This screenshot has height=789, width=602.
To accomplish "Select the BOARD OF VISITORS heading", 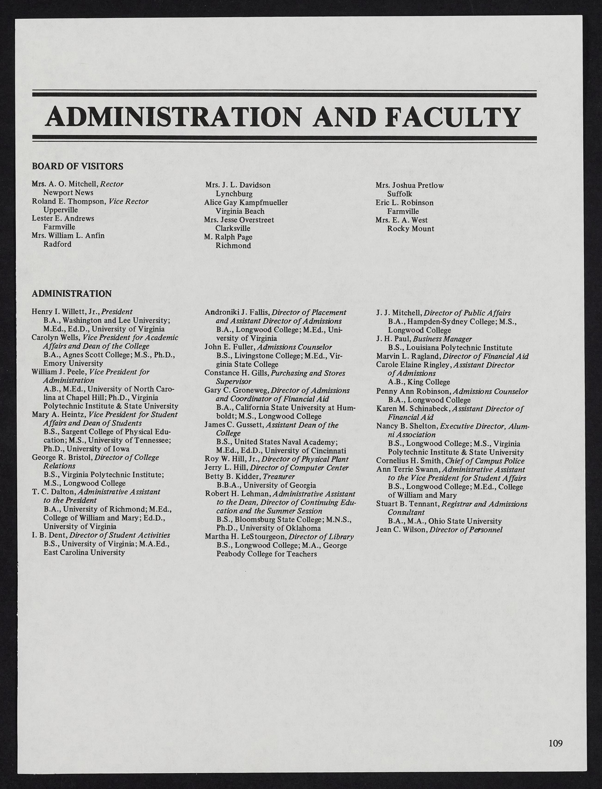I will click(x=77, y=166).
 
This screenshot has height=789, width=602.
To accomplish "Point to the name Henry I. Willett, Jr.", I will click(x=66, y=312).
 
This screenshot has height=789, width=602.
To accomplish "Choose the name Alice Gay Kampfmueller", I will click(x=246, y=203).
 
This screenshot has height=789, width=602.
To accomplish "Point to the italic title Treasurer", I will click(x=279, y=477).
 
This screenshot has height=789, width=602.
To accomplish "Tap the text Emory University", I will click(x=73, y=363).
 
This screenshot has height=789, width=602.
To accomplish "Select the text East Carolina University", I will click(x=84, y=552).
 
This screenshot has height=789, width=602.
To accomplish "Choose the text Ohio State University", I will click(x=465, y=521).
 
